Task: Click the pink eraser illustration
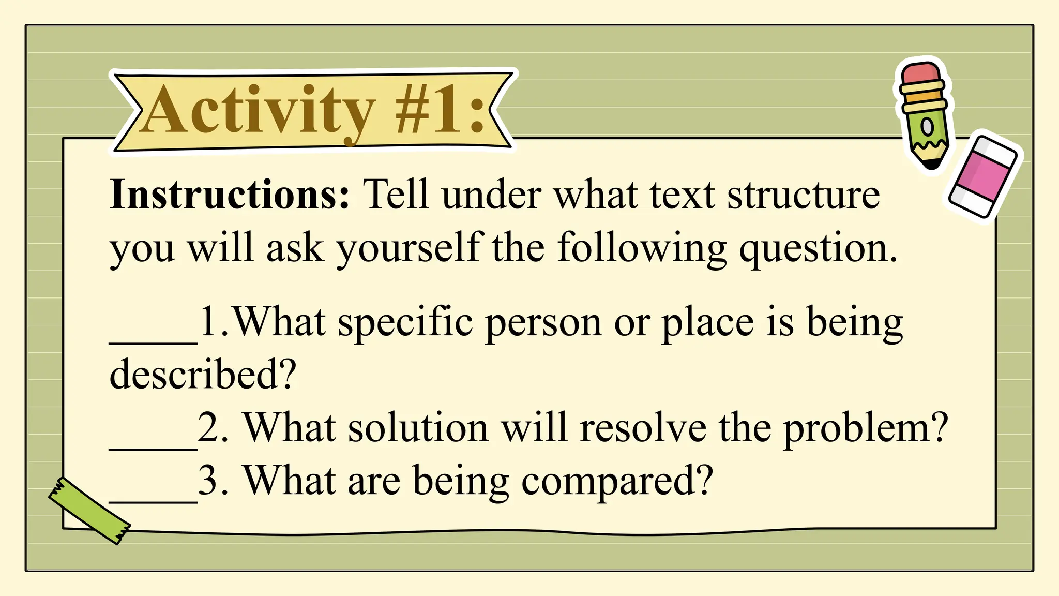coord(983,176)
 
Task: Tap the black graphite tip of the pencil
coord(932,165)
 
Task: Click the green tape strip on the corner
coord(89,510)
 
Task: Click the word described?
coord(203,374)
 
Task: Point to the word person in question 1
coord(543,323)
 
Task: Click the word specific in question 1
coord(405,323)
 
